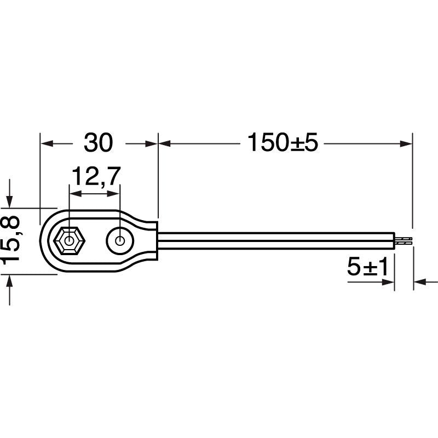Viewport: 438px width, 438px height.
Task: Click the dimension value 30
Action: [99, 142]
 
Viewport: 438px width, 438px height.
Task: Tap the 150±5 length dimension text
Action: [283, 142]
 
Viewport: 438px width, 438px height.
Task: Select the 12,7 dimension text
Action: [96, 176]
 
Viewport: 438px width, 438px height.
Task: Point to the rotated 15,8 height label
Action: [10, 240]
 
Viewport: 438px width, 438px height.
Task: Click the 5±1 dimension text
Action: [367, 267]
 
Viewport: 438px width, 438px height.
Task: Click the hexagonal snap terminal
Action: [69, 240]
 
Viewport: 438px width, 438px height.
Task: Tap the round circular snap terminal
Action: [120, 240]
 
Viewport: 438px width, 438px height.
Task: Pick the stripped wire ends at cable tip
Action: [404, 240]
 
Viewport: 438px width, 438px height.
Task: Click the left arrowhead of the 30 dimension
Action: [47, 144]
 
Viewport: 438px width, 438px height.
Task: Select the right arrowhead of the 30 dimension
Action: [151, 144]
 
